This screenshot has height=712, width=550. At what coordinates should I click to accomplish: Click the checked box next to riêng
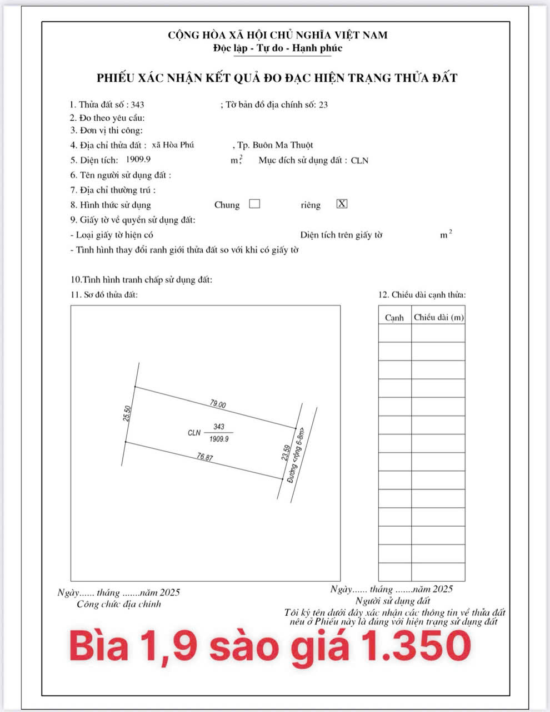[x=342, y=204]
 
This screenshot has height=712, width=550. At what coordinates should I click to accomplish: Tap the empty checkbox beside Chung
[x=254, y=204]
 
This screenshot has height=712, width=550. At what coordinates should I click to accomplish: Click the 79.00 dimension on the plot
[x=218, y=404]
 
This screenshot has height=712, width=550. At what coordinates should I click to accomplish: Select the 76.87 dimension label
[x=205, y=457]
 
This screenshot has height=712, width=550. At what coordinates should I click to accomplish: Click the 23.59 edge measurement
[x=286, y=453]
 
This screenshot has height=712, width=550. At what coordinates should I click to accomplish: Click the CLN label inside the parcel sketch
[x=194, y=433]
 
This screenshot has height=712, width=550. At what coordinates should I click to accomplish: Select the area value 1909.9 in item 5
[x=139, y=160]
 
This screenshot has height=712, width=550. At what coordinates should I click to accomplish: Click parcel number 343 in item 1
[x=138, y=105]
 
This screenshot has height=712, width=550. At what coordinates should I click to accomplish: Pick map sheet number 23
[x=323, y=105]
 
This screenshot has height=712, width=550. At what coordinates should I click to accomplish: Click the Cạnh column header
[x=394, y=318]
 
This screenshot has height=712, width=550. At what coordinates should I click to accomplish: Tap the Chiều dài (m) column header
[x=438, y=317]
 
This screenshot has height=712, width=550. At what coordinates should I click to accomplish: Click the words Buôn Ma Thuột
[x=283, y=145]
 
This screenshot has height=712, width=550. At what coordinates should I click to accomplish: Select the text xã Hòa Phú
[x=173, y=145]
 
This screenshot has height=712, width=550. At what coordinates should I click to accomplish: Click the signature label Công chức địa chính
[x=119, y=604]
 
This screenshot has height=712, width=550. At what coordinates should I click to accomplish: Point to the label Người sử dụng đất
[x=393, y=601]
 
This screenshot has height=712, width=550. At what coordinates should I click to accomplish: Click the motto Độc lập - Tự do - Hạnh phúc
[x=277, y=48]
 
